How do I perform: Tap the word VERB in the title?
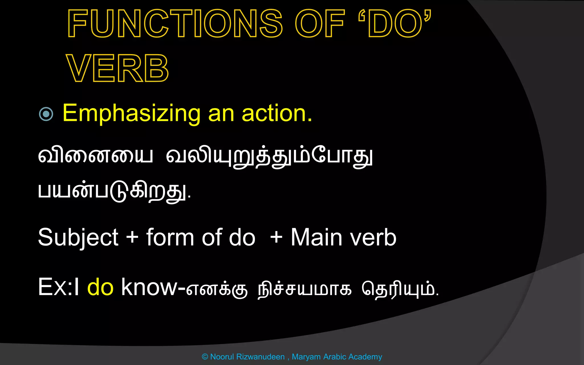pyautogui.click(x=117, y=68)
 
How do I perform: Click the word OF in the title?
pyautogui.click(x=319, y=23)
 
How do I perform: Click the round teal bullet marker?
pyautogui.click(x=46, y=114)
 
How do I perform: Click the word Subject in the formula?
pyautogui.click(x=78, y=238)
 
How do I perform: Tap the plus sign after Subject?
pyautogui.click(x=132, y=237)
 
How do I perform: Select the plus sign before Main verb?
pyautogui.click(x=276, y=237)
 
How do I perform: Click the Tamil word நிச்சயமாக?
pyautogui.click(x=305, y=289)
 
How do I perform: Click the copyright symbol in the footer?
pyautogui.click(x=205, y=357)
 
